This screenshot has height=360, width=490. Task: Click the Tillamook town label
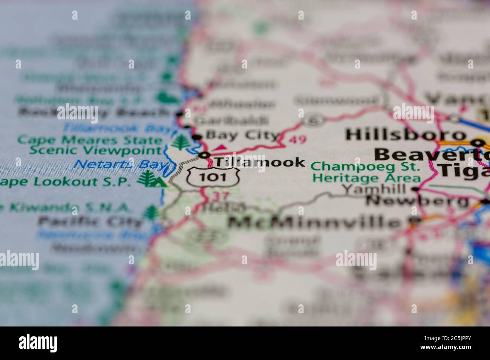[x=260, y=162]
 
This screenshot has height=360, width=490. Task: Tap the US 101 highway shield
[x=213, y=177]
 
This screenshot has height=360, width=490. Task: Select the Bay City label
[x=242, y=135]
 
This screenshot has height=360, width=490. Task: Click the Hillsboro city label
[x=406, y=134]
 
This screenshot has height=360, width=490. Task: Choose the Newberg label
[x=418, y=201]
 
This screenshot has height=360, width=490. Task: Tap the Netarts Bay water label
[x=121, y=165]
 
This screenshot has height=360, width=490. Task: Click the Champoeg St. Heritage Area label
[x=366, y=172]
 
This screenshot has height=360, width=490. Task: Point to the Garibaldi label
[x=231, y=121]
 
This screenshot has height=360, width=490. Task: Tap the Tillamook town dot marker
[x=205, y=155]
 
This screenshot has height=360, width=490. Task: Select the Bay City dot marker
[x=197, y=137]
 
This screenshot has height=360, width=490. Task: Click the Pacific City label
[x=90, y=222]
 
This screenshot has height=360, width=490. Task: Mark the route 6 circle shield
[x=312, y=120]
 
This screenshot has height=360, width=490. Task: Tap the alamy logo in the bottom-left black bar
[x=38, y=343]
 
